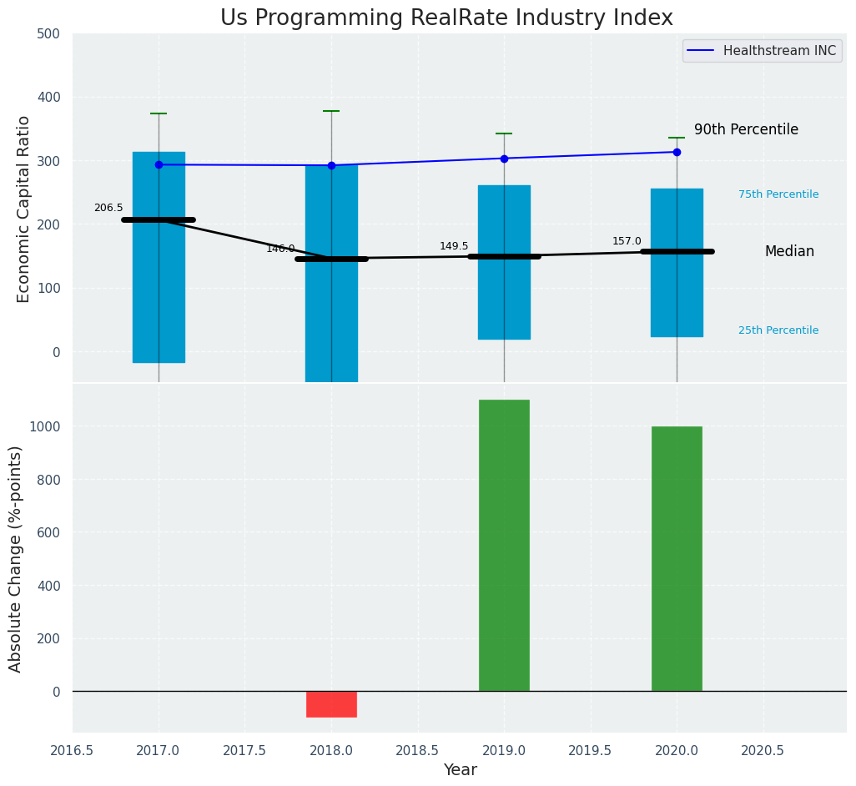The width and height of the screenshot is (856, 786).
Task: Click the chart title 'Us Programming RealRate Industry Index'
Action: pyautogui.click(x=446, y=18)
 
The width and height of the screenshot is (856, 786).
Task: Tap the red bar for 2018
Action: pyautogui.click(x=331, y=703)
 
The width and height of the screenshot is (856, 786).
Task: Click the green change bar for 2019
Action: pyautogui.click(x=504, y=545)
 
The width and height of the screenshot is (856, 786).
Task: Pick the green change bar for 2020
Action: pyautogui.click(x=677, y=558)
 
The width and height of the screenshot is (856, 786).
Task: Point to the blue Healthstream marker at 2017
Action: pyautogui.click(x=159, y=164)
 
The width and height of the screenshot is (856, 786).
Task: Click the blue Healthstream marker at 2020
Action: pyautogui.click(x=677, y=152)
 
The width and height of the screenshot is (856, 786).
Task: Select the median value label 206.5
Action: pyautogui.click(x=108, y=208)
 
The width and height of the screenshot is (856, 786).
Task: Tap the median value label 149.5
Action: pyautogui.click(x=454, y=246)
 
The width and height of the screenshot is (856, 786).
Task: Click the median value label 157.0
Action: pyautogui.click(x=627, y=241)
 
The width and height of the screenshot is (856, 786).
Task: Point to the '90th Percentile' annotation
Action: pyautogui.click(x=746, y=129)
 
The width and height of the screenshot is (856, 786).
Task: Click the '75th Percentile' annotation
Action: pyautogui.click(x=778, y=194)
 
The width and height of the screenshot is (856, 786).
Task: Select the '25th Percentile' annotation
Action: pyautogui.click(x=778, y=330)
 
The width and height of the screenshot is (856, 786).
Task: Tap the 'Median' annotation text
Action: pyautogui.click(x=789, y=251)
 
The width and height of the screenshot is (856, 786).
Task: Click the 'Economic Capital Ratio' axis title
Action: pyautogui.click(x=23, y=209)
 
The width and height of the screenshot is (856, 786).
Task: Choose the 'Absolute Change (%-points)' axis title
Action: pyautogui.click(x=15, y=558)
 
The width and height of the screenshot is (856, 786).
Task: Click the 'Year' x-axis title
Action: pyautogui.click(x=460, y=769)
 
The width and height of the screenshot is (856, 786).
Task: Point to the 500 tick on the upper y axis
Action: pyautogui.click(x=48, y=33)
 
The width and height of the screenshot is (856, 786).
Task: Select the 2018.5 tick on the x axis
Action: pyautogui.click(x=417, y=750)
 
